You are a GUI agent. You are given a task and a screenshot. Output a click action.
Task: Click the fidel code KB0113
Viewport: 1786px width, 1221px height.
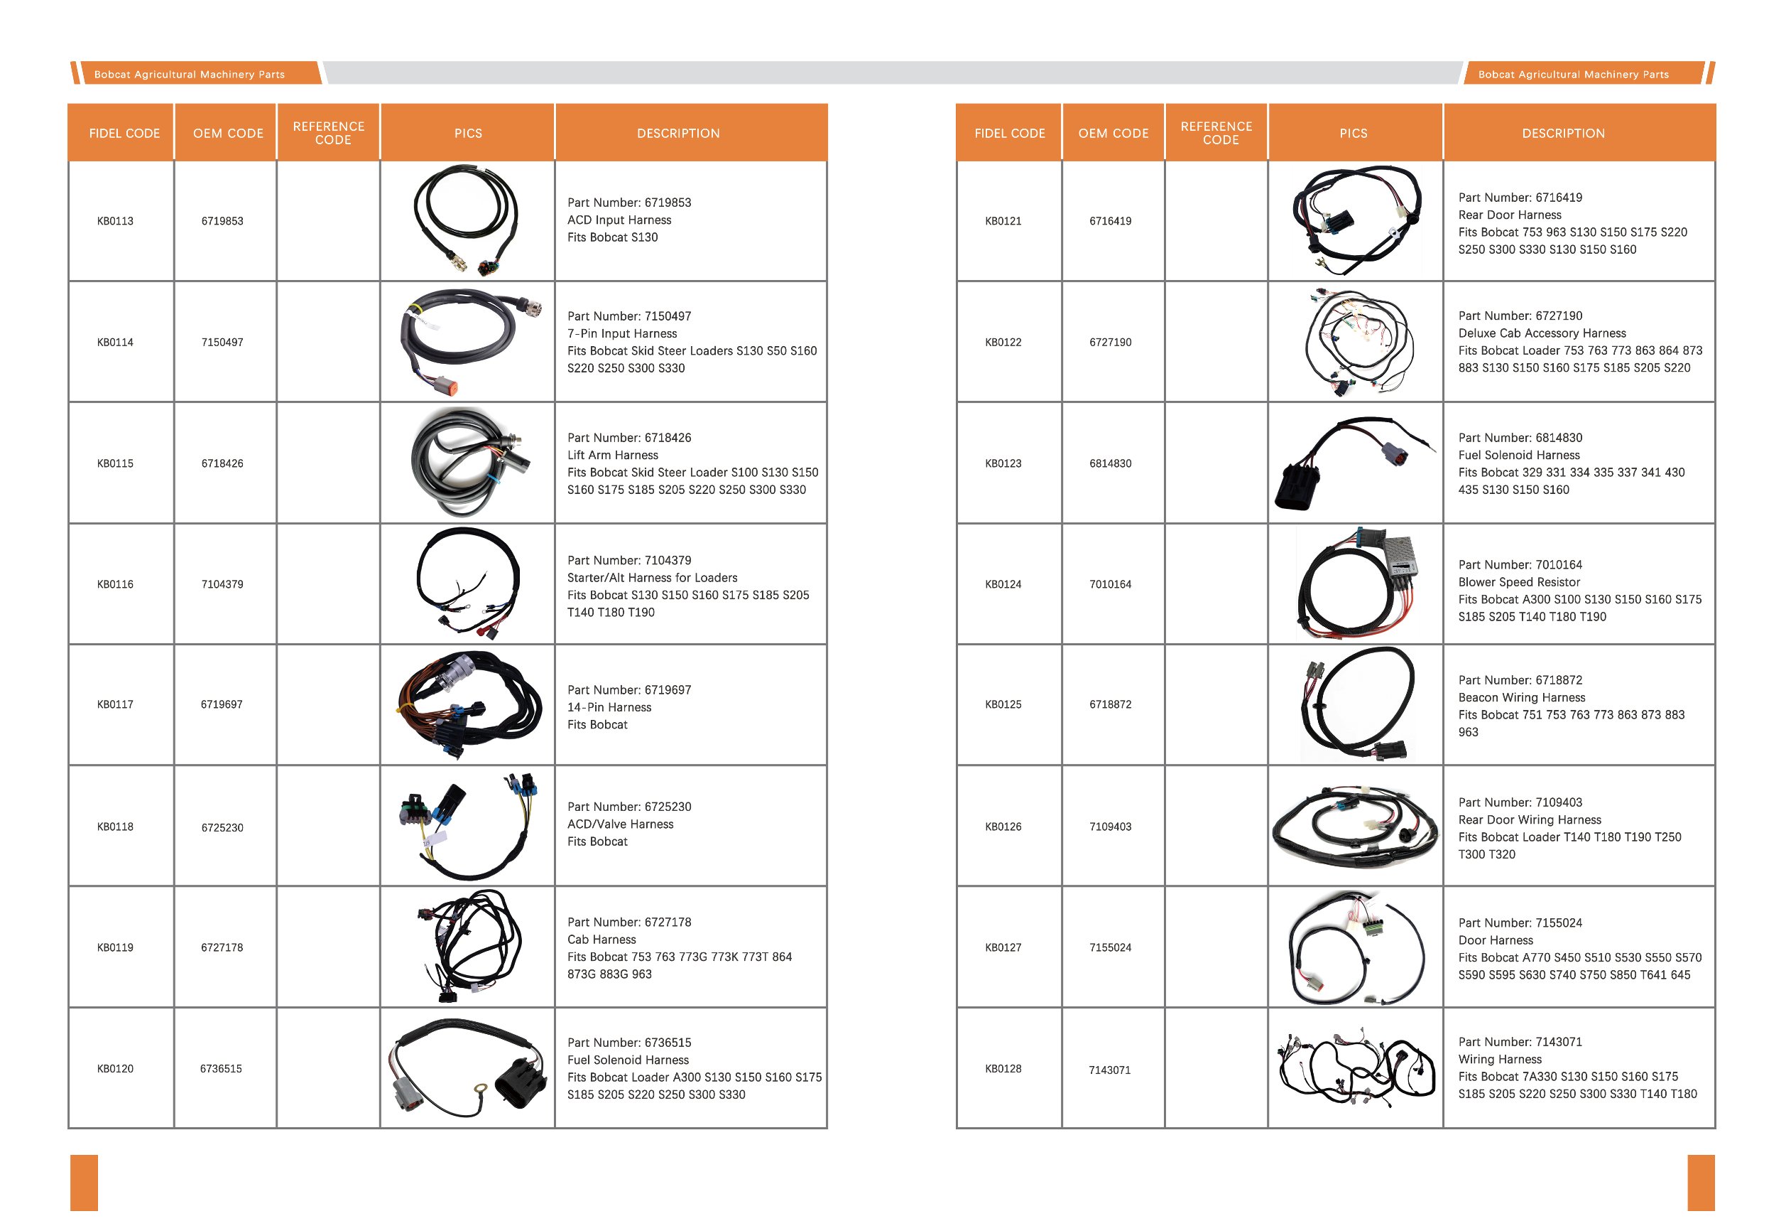[x=115, y=222]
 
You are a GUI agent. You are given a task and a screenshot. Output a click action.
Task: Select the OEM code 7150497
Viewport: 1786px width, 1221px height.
[x=222, y=343]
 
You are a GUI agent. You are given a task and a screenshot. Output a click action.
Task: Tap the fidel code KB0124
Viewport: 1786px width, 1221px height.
[x=1003, y=584]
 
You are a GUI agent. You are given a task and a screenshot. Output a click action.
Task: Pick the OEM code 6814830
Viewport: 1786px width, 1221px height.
[x=1110, y=463]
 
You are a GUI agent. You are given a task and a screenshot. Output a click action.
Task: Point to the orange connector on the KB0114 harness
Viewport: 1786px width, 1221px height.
[x=448, y=387]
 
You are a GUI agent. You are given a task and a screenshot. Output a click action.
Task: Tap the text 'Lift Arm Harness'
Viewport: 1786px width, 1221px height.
[x=613, y=455]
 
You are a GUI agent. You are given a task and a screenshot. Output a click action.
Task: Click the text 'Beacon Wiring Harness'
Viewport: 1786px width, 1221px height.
[x=1522, y=697]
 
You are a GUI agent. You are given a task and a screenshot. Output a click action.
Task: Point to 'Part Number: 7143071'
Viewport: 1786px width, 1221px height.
[x=1520, y=1042]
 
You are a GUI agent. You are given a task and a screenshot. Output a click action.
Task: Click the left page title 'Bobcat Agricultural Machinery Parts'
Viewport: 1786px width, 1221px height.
[x=189, y=75]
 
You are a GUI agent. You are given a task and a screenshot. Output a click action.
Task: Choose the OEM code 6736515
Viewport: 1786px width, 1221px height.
[x=221, y=1069]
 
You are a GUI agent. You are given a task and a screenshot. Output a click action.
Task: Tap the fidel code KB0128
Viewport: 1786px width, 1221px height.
[x=1003, y=1069]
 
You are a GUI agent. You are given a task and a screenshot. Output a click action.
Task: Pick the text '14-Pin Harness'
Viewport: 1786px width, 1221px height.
[x=609, y=707]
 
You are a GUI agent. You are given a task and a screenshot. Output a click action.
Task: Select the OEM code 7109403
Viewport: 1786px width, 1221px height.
[x=1110, y=827]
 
